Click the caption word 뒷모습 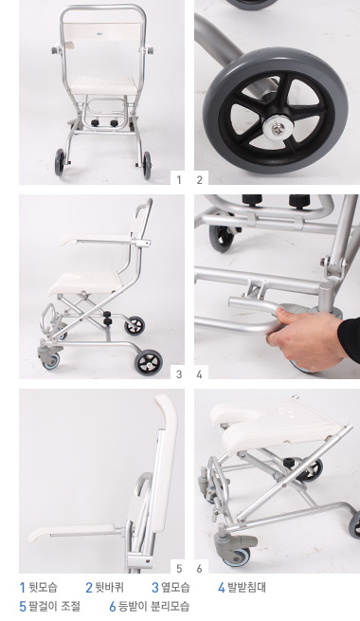point(43,587)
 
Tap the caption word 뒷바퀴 point(110,587)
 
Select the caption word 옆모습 point(175,587)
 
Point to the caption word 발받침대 point(246,587)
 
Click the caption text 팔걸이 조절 point(54,606)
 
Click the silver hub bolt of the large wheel point(278,127)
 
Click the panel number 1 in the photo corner point(179,180)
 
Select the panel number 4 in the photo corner point(199,374)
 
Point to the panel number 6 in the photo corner point(199,568)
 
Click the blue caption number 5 point(23,607)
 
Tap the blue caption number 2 point(89,587)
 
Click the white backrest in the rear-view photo point(102,31)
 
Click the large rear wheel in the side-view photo point(149,361)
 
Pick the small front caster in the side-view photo point(51,360)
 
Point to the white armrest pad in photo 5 point(73,532)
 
